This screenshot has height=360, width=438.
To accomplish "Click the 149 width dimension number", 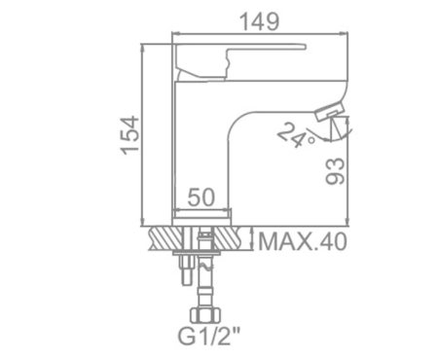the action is [259, 21].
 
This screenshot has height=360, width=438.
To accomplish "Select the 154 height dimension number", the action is [130, 135].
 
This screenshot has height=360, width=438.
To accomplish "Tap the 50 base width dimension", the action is [201, 197].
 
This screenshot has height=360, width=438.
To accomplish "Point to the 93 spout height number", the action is [335, 171].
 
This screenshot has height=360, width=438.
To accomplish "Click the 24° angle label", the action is [296, 135].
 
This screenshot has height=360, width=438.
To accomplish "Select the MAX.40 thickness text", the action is [303, 241].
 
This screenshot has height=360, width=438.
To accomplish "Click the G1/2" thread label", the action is [209, 336].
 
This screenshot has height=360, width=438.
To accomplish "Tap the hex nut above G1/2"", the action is [205, 315].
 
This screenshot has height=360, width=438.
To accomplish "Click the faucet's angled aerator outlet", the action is [329, 111].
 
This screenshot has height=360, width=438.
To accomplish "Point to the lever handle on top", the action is [240, 61].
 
